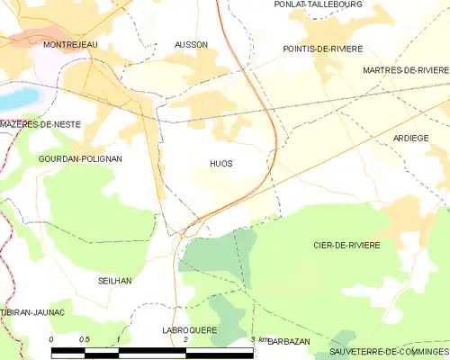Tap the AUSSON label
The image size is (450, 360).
190,43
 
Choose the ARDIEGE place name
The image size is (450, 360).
410,138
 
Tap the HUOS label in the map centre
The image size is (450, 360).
220,164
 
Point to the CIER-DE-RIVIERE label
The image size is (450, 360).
346,245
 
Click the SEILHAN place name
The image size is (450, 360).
114,281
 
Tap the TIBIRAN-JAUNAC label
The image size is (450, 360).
33,311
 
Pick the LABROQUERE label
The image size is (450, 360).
190,330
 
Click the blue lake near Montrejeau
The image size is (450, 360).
20,94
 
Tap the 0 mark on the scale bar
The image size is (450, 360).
51,339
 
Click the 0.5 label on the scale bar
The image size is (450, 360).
84,339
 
